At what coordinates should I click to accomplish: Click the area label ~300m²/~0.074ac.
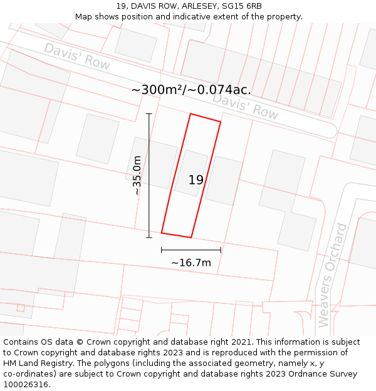pyautogui.click(x=191, y=89)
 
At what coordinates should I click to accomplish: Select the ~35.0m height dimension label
pyautogui.click(x=137, y=176)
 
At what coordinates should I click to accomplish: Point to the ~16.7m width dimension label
pyautogui.click(x=191, y=263)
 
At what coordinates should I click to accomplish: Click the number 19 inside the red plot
pyautogui.click(x=196, y=180)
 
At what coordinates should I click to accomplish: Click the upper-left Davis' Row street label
pyautogui.click(x=77, y=56)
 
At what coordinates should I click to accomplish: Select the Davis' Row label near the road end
pyautogui.click(x=245, y=106)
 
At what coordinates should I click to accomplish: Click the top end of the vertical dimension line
pyautogui.click(x=149, y=114)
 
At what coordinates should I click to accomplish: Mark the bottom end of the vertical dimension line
pyautogui.click(x=149, y=237)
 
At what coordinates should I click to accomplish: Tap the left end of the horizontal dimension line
pyautogui.click(x=162, y=250)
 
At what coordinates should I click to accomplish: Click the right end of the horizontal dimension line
pyautogui.click(x=221, y=250)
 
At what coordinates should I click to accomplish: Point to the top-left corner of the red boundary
pyautogui.click(x=191, y=114)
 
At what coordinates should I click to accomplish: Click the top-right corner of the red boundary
pyautogui.click(x=221, y=122)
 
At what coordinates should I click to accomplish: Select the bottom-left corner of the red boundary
pyautogui.click(x=162, y=233)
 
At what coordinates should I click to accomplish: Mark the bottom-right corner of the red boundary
pyautogui.click(x=191, y=238)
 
